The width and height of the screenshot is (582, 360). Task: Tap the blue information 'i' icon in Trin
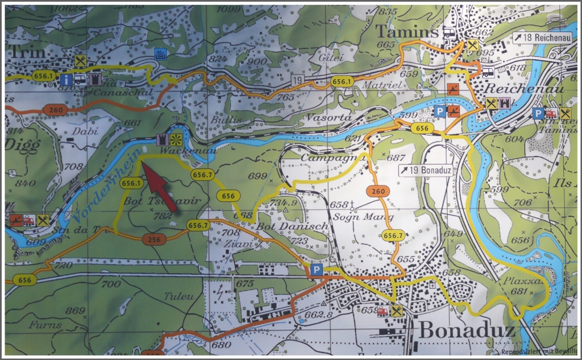66,80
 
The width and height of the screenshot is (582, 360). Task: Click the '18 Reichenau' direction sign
537,38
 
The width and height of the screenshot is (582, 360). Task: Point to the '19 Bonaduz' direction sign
424,170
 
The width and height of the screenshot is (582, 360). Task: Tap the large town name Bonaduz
467,330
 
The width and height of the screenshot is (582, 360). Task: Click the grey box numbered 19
297,81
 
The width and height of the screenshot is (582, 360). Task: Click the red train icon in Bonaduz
383,311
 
